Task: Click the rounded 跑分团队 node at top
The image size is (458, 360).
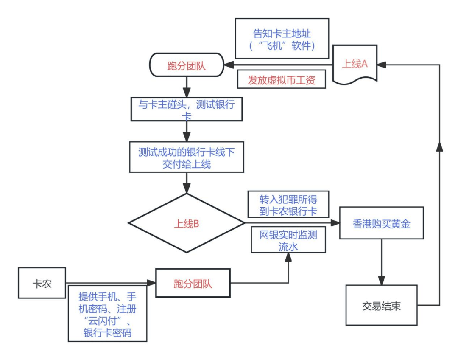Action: pos(187,65)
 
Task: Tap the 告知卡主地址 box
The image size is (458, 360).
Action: pos(282,39)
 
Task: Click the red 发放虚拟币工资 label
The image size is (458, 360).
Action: pos(281,80)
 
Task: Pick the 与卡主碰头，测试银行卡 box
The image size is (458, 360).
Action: pos(187,110)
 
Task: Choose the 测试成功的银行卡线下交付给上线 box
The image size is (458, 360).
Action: pos(187,157)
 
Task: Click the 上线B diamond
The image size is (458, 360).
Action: pos(187,224)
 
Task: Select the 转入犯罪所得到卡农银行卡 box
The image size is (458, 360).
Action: pos(288,205)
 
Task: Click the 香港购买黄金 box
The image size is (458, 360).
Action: pos(381,224)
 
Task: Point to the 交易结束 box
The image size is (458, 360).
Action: pos(381,305)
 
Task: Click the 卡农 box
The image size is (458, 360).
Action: pos(42,283)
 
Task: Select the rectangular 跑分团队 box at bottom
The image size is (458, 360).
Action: pos(193,283)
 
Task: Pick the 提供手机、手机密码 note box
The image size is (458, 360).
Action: pos(107,313)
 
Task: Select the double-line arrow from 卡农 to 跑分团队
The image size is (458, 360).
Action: pos(110,282)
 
